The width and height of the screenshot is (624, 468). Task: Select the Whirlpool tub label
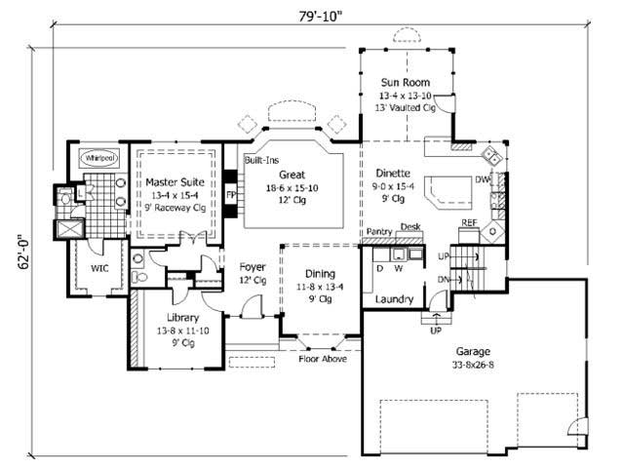click(x=99, y=157)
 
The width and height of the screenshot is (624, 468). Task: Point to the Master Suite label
click(x=173, y=181)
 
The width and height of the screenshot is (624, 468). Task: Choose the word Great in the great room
click(x=292, y=175)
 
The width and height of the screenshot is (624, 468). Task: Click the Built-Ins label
click(x=260, y=159)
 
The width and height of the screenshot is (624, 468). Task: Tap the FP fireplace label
click(x=232, y=193)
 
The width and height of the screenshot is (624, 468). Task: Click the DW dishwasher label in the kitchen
click(x=482, y=179)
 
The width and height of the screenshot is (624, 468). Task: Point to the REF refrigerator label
click(x=469, y=223)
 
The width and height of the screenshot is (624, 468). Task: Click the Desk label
click(x=409, y=226)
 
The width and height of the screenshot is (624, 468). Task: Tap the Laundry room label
click(x=394, y=299)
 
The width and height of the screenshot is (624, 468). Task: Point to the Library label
click(x=182, y=318)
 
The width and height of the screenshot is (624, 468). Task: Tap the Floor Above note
click(x=324, y=359)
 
